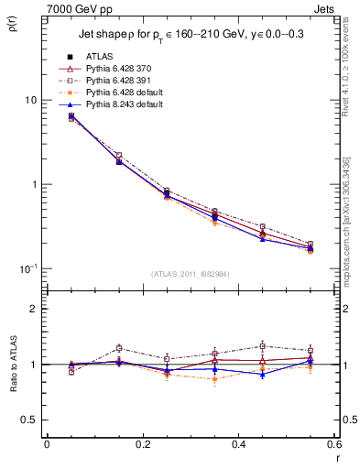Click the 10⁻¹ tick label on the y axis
(x=28, y=268)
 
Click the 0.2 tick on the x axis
(x=142, y=443)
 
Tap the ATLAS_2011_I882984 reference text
(x=190, y=274)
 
